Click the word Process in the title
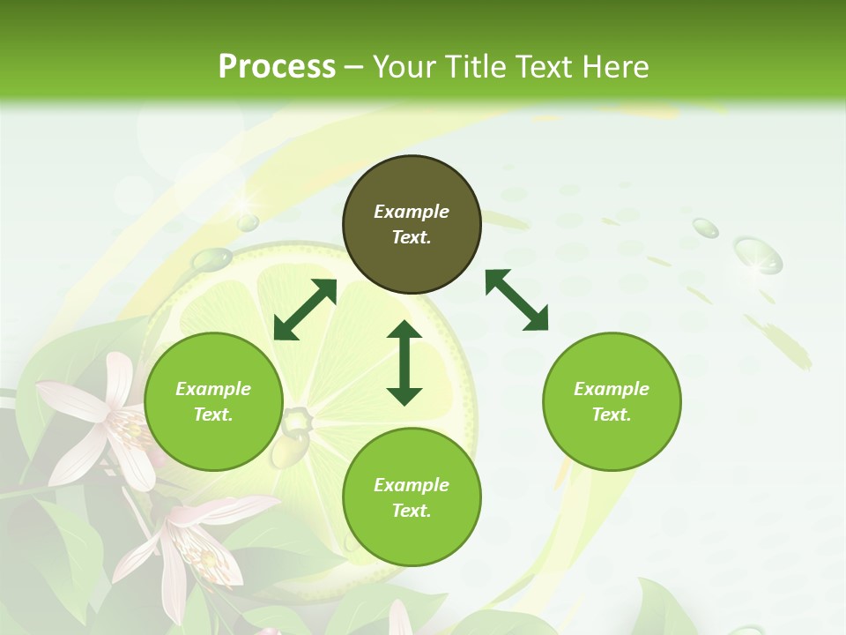tap(277, 67)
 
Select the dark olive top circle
tap(412, 225)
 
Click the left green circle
tap(213, 402)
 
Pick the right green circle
tap(612, 402)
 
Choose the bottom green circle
tap(412, 497)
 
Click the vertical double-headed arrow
tap(404, 362)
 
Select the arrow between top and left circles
tap(305, 310)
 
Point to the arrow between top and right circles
tap(516, 300)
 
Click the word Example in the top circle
tap(412, 212)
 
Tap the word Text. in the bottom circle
tap(412, 511)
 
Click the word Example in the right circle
tap(612, 389)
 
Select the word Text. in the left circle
tap(213, 415)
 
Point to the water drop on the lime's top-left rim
tap(211, 259)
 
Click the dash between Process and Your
tap(354, 67)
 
